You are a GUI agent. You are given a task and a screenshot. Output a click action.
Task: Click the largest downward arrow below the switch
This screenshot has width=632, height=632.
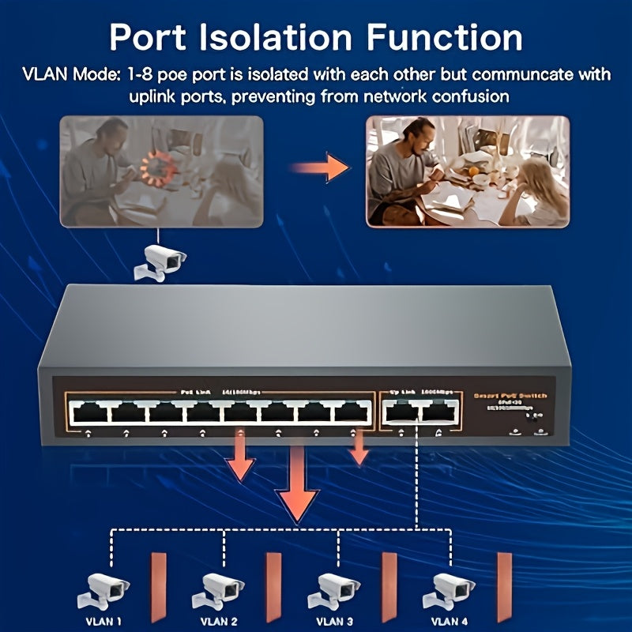click(x=298, y=483)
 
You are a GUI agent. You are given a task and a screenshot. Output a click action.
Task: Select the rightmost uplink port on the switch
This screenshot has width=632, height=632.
click(x=440, y=412)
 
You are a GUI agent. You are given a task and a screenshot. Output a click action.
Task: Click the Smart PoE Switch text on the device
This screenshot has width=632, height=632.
click(x=510, y=395)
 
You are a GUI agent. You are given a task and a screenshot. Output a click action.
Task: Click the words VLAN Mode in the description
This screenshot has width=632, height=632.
click(x=68, y=75)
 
